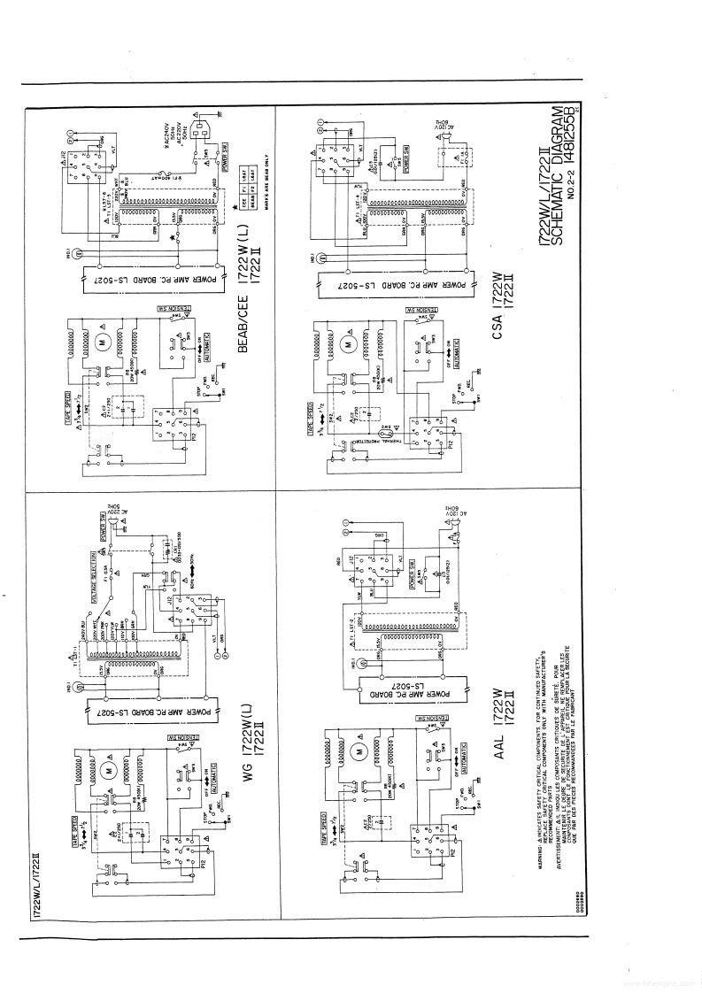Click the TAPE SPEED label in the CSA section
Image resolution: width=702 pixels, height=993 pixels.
click(x=307, y=412)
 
